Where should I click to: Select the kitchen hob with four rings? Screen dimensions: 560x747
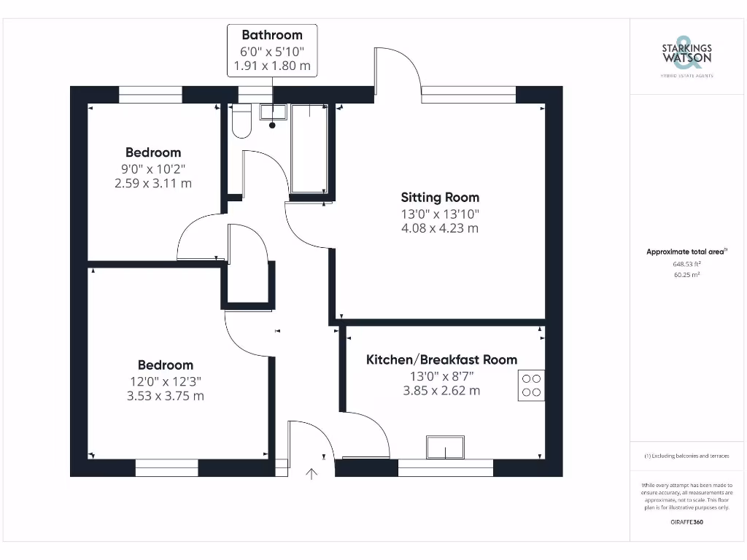click(x=531, y=386)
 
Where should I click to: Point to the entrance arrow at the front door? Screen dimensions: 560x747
click(x=311, y=474)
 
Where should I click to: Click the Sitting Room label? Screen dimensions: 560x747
click(x=440, y=197)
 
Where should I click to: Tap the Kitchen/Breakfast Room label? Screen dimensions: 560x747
click(x=441, y=359)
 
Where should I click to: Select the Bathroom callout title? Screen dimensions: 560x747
click(x=272, y=34)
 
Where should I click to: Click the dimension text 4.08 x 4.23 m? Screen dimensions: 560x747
click(x=440, y=228)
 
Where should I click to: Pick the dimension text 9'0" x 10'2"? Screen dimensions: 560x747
click(x=152, y=168)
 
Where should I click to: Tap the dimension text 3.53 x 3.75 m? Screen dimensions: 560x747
click(x=166, y=396)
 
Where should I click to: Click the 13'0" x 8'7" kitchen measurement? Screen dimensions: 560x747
click(x=441, y=376)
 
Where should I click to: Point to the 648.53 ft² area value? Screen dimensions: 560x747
click(x=686, y=265)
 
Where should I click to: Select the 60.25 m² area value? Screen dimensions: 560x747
click(x=686, y=275)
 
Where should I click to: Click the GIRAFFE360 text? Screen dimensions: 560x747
click(x=686, y=522)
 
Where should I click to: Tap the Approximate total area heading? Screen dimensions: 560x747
click(x=686, y=252)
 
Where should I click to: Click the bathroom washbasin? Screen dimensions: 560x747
click(x=273, y=112)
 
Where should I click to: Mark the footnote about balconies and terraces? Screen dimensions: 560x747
click(x=686, y=456)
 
